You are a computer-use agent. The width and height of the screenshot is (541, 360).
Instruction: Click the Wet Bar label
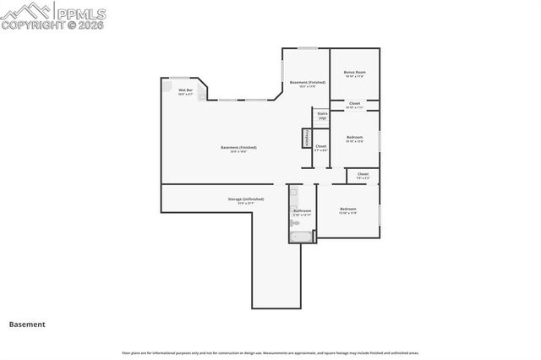[185, 91]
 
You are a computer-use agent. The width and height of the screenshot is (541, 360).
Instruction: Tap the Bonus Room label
[354, 74]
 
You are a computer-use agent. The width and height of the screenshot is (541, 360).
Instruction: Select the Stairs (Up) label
[322, 116]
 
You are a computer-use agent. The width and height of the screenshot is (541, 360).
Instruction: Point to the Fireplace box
[306, 138]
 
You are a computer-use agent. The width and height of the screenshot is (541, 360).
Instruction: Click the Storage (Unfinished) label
[245, 200]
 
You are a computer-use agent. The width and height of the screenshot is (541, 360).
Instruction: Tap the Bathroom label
[303, 212]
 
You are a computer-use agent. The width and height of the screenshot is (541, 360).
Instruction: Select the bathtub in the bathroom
[301, 237]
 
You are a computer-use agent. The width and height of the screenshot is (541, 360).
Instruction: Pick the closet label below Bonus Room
[354, 106]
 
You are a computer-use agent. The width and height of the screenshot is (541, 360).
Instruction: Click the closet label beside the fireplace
[320, 148]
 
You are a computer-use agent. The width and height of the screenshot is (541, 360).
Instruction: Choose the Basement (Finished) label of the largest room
[238, 149]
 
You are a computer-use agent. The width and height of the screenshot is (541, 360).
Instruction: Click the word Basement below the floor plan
[27, 324]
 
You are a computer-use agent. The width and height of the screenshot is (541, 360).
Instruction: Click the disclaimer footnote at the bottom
[270, 352]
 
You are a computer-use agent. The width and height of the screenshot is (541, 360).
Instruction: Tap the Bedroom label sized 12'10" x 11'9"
[347, 210]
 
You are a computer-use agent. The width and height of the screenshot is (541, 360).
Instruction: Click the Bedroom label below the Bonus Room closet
[354, 139]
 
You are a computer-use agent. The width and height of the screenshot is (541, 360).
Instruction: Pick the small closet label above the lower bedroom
[362, 176]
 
